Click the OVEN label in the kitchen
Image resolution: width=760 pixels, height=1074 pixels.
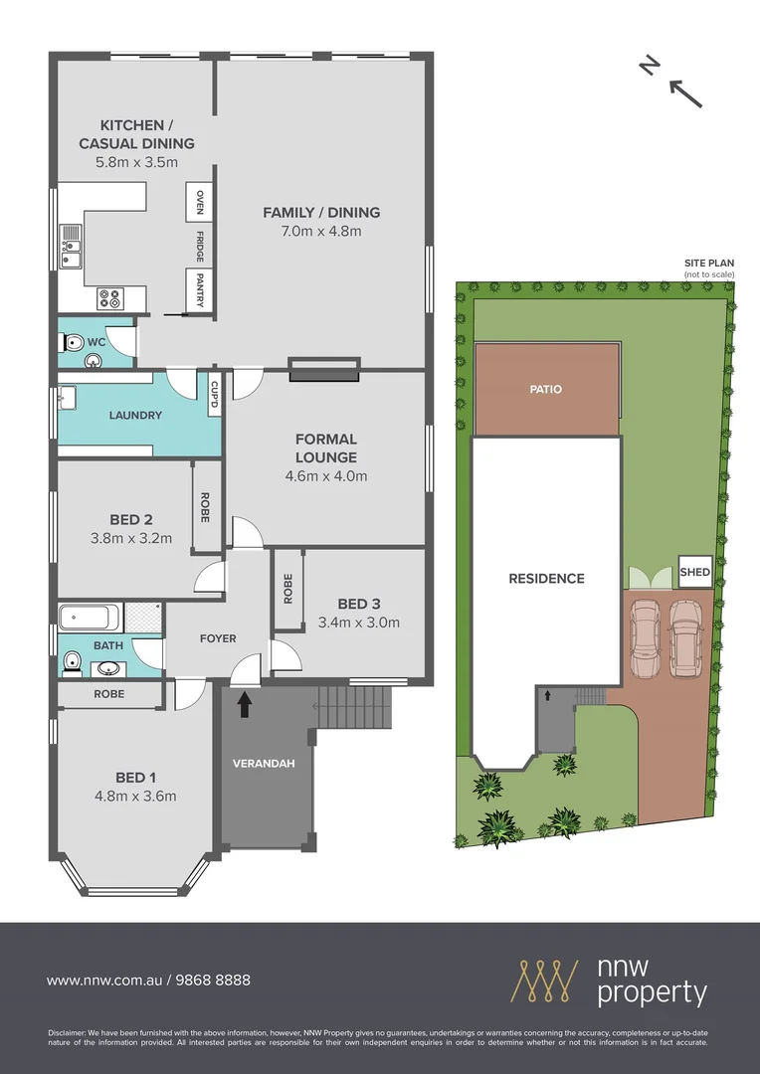coord(200,202)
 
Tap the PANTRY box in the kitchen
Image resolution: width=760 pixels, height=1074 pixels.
coord(200,289)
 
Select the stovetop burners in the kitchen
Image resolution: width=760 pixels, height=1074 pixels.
coord(109,297)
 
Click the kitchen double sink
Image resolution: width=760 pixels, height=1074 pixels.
coord(70,249)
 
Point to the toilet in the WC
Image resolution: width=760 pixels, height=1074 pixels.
coord(73,342)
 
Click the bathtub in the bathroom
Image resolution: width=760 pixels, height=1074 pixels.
coord(91,619)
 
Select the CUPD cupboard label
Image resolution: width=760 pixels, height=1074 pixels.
coord(214,395)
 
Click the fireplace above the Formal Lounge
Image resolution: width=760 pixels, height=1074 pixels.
coord(323,369)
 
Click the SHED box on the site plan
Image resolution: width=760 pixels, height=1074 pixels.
coord(695,572)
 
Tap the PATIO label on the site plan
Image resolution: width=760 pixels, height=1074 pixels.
coord(546,389)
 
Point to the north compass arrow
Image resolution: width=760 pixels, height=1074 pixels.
coord(685,91)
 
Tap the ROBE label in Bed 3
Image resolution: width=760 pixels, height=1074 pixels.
coord(287,589)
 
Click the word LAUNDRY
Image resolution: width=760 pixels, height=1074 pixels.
coord(135,416)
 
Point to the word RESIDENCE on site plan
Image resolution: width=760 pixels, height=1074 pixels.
coord(546,578)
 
